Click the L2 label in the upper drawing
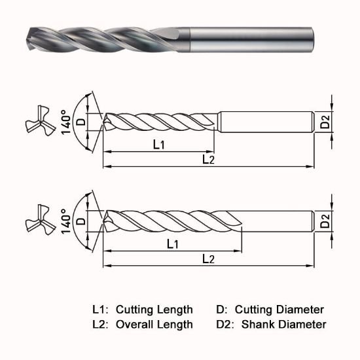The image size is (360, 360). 207,159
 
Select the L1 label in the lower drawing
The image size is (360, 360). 173,244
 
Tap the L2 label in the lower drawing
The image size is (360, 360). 207,259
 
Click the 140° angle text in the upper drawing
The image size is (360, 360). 65,120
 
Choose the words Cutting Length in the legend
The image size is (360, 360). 154,310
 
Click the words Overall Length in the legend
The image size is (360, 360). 154,324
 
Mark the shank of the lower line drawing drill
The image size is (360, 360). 278,221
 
